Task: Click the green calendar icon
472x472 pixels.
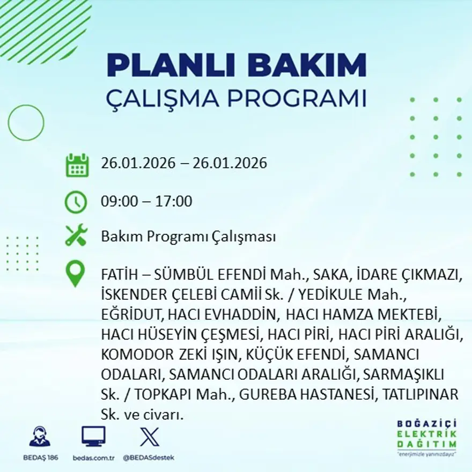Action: click(77, 165)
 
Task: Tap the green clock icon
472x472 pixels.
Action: click(76, 202)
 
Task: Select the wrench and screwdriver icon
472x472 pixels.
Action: click(76, 236)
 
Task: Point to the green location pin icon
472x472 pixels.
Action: click(75, 274)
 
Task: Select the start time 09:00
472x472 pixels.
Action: click(119, 202)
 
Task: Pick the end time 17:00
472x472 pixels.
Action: click(174, 202)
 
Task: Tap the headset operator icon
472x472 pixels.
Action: click(40, 437)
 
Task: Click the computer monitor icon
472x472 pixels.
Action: click(94, 437)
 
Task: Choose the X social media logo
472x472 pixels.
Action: click(149, 436)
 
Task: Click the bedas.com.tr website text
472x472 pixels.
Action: click(94, 458)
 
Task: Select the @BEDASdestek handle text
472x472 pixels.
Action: click(149, 458)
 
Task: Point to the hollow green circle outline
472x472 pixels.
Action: click(26, 123)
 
